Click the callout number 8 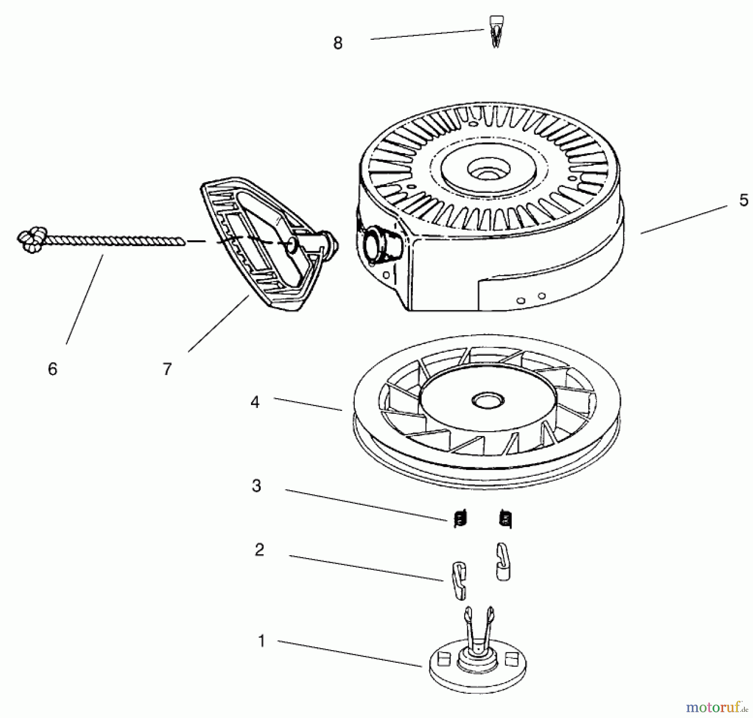pos(338,43)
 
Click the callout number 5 pos(743,200)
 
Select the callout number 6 pos(52,369)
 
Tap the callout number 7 pos(167,369)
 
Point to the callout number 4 pos(255,402)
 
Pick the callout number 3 pos(256,486)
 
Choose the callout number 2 pos(259,550)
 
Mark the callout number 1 pos(261,641)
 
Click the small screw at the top pos(496,31)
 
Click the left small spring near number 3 pos(460,519)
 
